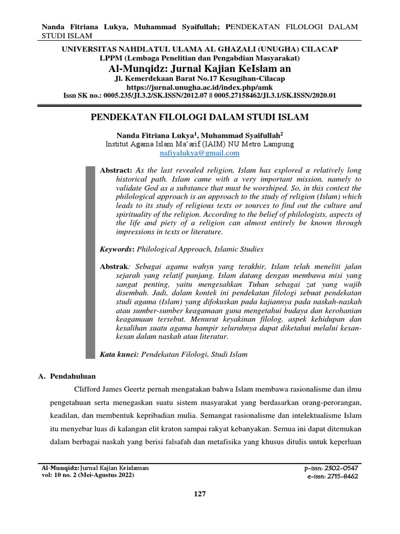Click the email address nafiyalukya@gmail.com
point(199,153)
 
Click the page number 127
point(199,494)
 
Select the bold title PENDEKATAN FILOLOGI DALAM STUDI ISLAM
point(199,117)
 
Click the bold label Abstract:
point(117,171)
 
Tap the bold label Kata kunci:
point(119,355)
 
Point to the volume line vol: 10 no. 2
point(88,476)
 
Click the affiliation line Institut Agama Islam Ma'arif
point(199,143)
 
